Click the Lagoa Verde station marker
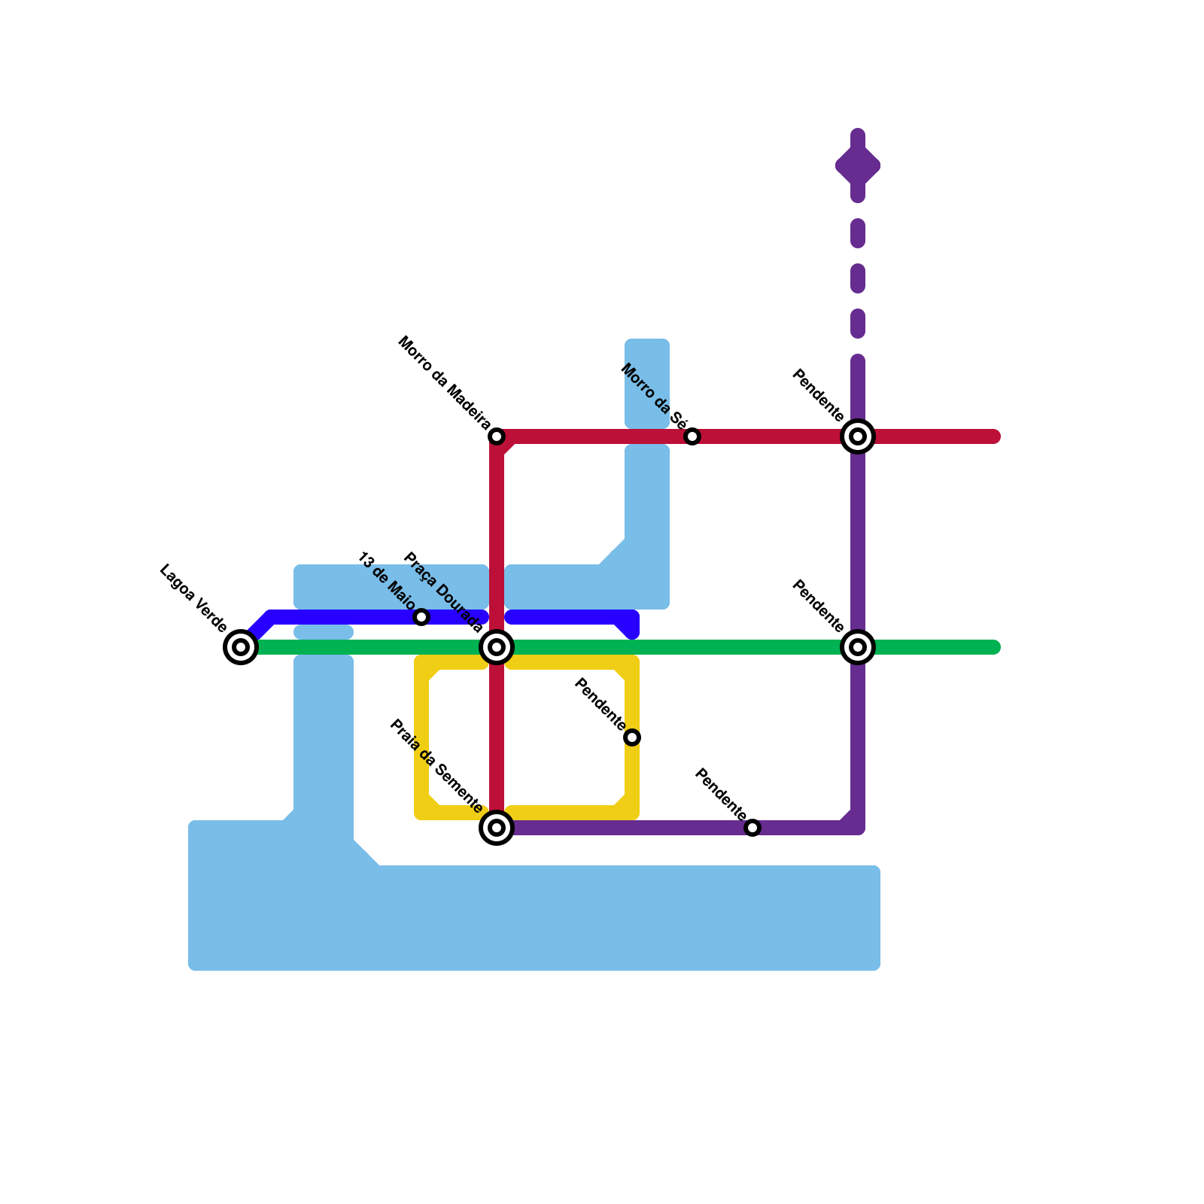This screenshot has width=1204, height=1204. click(x=241, y=646)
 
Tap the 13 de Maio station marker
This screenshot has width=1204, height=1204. click(x=421, y=617)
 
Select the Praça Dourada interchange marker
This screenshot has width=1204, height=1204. click(x=497, y=646)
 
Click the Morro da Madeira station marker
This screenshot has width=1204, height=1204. click(x=497, y=436)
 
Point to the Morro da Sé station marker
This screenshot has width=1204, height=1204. click(x=692, y=436)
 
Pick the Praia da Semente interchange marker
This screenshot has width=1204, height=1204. click(x=497, y=828)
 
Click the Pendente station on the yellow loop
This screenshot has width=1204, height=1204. click(x=632, y=737)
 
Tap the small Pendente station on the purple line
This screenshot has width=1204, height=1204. click(x=752, y=828)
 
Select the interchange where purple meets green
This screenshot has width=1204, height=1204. click(x=858, y=646)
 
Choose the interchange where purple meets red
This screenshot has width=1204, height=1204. click(x=858, y=436)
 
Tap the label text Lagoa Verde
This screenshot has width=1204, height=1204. click(x=193, y=598)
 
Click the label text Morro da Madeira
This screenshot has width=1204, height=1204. click(x=443, y=383)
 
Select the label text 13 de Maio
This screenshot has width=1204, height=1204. click(x=386, y=581)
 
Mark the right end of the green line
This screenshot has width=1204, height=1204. click(x=995, y=647)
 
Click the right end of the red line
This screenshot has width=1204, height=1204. click(x=995, y=436)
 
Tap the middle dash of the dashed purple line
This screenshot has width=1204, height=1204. click(x=858, y=278)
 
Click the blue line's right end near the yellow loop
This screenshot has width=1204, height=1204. click(x=632, y=631)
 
